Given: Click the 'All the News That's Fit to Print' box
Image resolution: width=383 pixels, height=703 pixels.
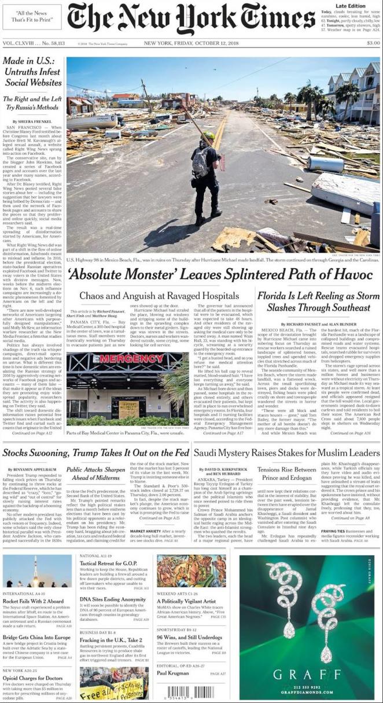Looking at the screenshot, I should click(32, 16).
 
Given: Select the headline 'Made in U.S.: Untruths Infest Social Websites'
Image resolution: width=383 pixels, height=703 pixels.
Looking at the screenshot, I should click(32, 72).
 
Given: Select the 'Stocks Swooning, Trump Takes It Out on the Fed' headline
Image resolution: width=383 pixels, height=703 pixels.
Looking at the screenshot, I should click(95, 453).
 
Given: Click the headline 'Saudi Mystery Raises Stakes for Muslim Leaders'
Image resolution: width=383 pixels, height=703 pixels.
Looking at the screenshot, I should click(286, 453).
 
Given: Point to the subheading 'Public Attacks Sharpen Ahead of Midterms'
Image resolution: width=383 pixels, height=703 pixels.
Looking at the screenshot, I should click(95, 474).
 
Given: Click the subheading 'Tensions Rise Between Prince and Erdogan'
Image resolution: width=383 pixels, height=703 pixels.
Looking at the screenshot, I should click(286, 474).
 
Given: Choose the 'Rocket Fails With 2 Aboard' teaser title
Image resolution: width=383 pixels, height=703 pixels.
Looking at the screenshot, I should click(32, 601).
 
